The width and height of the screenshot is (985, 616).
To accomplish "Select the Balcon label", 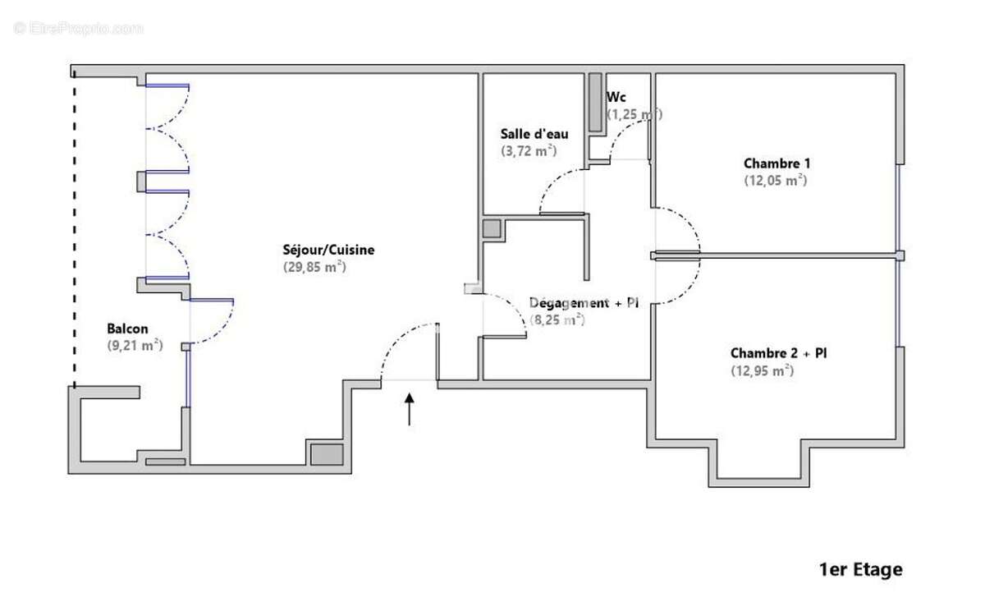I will [x=127, y=329].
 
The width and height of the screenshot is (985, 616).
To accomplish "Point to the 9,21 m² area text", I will [x=135, y=346].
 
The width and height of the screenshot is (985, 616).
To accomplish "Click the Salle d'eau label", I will [x=534, y=134].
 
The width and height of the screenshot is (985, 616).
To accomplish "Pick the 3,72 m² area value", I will [x=529, y=150].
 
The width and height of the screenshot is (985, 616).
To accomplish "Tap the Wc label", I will [x=616, y=97].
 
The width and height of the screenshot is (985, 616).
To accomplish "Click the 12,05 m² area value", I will [x=775, y=180].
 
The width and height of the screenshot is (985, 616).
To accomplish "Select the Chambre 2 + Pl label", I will [x=778, y=353].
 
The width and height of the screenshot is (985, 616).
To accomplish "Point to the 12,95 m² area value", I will [x=762, y=370].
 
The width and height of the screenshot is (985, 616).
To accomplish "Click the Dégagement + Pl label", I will [x=584, y=303].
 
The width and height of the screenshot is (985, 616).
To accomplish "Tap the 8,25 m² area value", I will [x=557, y=319].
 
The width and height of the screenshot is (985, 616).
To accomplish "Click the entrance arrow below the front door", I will [x=410, y=409].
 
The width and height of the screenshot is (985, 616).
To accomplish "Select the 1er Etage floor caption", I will [x=860, y=569].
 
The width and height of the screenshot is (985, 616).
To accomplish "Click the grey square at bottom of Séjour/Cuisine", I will [x=326, y=453].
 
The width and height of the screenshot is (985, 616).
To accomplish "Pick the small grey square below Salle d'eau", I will [x=492, y=229].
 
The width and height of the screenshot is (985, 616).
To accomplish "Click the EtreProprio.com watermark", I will [x=78, y=28].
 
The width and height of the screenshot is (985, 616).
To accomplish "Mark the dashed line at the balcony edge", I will [x=75, y=230].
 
